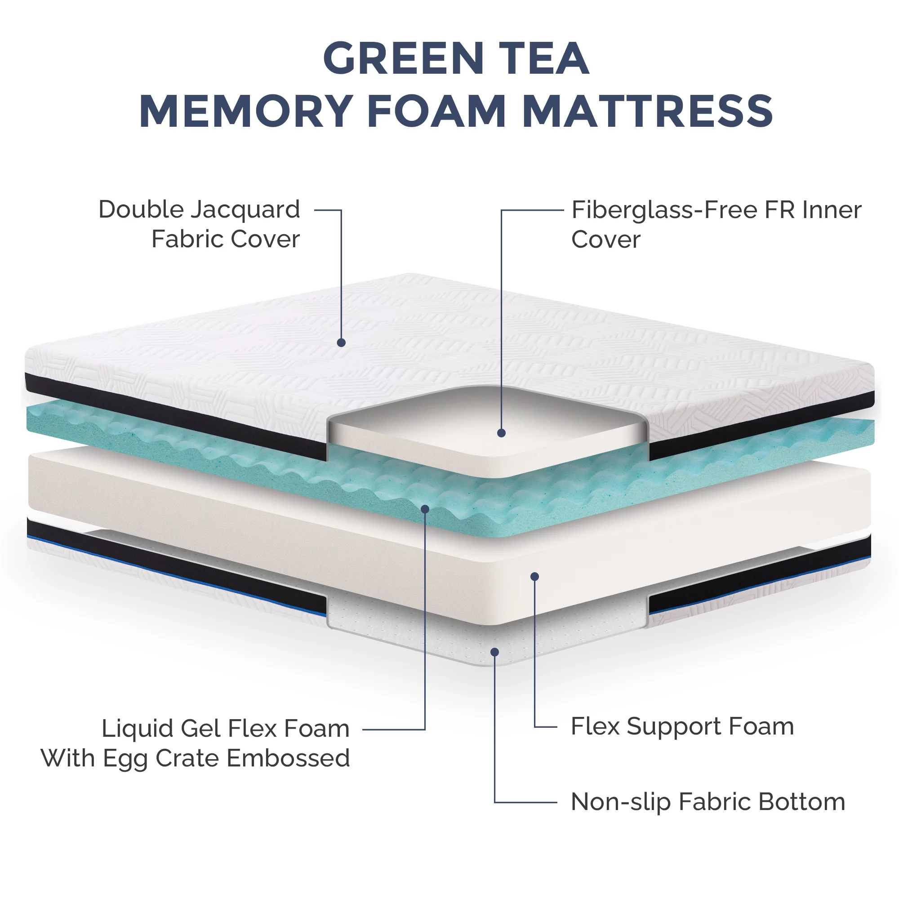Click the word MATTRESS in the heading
(647, 111)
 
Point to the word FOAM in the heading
(436, 111)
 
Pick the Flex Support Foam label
(682, 727)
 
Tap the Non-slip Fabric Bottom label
(708, 802)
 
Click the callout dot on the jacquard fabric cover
(341, 343)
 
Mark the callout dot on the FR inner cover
(501, 433)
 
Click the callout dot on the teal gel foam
(425, 509)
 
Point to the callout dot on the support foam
(534, 577)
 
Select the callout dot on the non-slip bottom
(494, 652)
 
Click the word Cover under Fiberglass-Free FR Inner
(606, 240)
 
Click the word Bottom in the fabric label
(802, 802)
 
